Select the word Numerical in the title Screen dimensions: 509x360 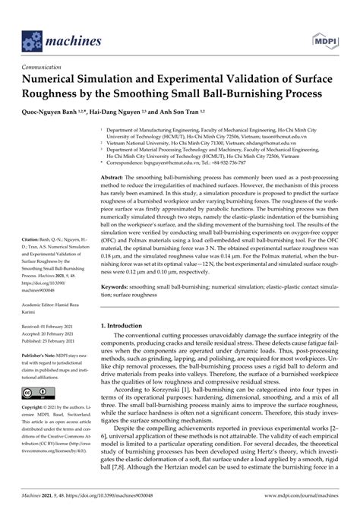(x=61, y=79)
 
